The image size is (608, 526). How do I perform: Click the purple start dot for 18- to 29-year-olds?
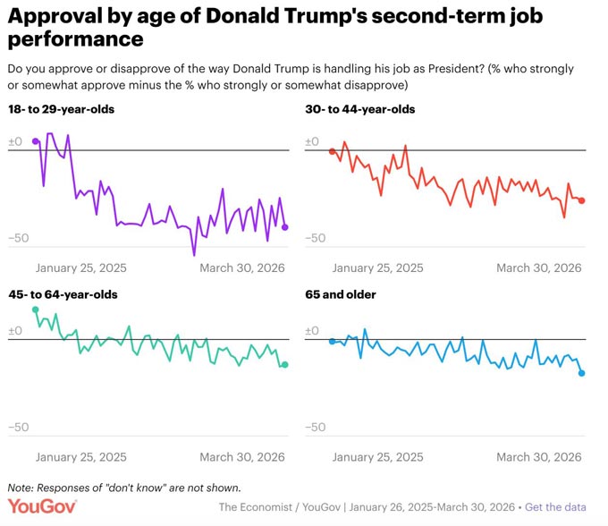point(35,141)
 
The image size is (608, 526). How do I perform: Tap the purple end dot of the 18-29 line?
point(284,227)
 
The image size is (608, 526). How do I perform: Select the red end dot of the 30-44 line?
point(582,200)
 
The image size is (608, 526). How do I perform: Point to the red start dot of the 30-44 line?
point(332,151)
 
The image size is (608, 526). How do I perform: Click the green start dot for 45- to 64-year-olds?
point(35,310)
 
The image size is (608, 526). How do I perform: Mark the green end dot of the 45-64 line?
point(284,365)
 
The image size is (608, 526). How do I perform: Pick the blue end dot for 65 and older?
point(582,373)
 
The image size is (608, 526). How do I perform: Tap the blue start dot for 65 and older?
point(332,342)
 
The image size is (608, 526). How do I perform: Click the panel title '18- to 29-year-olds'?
point(62,109)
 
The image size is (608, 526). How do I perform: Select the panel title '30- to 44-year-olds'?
point(359,109)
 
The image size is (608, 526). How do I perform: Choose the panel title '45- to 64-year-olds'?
point(63,295)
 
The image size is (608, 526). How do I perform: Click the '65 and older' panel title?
point(341,295)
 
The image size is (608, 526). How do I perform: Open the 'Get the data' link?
point(555,507)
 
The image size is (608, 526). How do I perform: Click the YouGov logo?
point(42,506)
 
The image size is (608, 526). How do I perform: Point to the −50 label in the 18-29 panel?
point(19,238)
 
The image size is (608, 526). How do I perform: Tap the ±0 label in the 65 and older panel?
point(312,331)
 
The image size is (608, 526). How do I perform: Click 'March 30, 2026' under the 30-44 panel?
point(539,268)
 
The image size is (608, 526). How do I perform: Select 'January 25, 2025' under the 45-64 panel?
point(81,457)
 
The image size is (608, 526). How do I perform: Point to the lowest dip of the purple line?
point(194,255)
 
